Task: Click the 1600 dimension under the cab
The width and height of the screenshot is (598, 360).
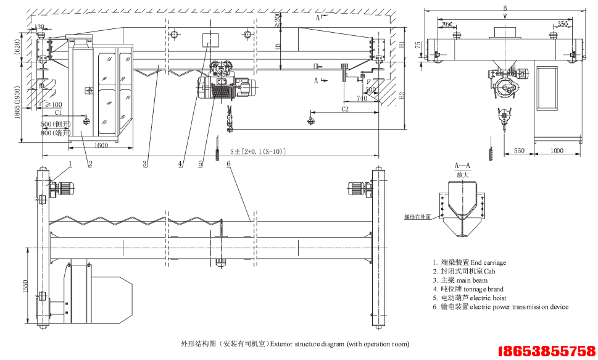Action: (x=102, y=145)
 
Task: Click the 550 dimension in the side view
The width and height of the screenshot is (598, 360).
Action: (x=519, y=151)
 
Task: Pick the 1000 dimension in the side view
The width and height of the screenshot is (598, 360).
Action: (x=557, y=151)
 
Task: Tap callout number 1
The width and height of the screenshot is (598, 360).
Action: (x=70, y=164)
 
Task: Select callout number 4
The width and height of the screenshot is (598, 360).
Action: (x=180, y=164)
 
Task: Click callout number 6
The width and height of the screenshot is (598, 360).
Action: (x=228, y=164)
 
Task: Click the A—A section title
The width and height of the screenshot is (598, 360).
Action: (x=462, y=166)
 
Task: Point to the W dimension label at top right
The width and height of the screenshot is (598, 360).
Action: (x=505, y=17)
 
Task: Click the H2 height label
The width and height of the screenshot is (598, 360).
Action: (x=402, y=96)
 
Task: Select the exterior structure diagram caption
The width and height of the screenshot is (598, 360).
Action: (x=294, y=344)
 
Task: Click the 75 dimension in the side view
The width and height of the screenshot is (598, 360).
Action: (x=418, y=45)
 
